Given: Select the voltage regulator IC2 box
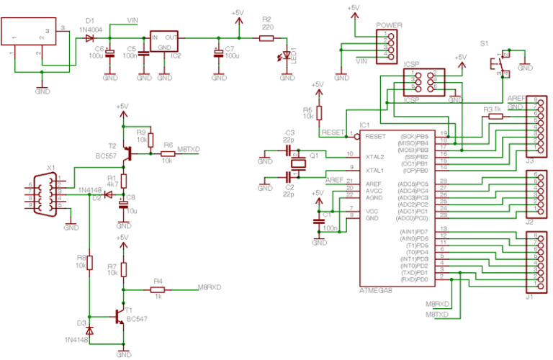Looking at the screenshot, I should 164,42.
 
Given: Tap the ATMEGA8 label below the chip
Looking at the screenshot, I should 377,289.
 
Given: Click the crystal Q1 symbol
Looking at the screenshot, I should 296,164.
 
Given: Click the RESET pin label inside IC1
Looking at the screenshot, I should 375,136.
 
